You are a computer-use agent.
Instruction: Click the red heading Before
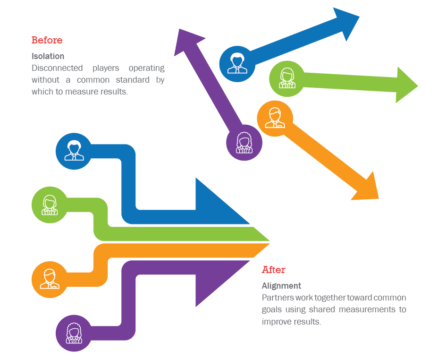tap(47, 40)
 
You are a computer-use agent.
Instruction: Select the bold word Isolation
tap(48, 56)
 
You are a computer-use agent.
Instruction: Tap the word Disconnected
tap(57, 68)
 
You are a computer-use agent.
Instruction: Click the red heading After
tap(273, 270)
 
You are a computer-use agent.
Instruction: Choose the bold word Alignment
tap(281, 286)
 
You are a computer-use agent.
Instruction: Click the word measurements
tap(367, 310)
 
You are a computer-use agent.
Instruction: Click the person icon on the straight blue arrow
tap(237, 63)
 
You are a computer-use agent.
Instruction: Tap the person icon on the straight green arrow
tap(287, 78)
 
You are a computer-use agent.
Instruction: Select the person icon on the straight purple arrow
tap(244, 143)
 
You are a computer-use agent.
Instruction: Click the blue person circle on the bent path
tap(74, 151)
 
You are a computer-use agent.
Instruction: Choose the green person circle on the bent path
tap(50, 205)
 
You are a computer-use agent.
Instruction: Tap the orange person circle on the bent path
tap(50, 280)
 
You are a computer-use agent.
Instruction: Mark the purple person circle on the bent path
tap(74, 333)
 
